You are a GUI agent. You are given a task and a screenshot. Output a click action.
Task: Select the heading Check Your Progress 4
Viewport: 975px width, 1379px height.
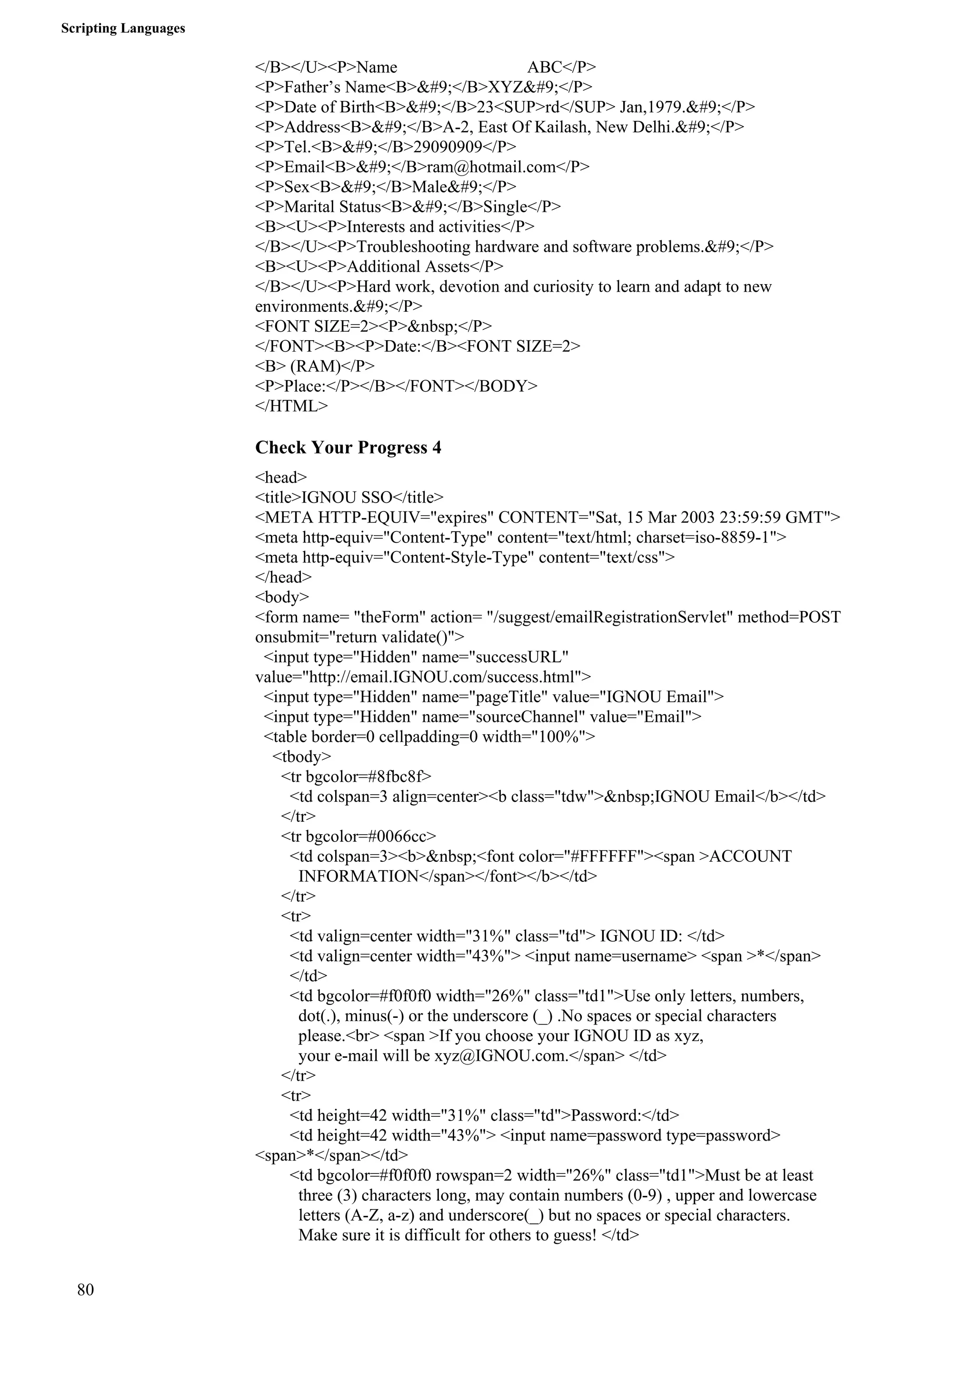348,447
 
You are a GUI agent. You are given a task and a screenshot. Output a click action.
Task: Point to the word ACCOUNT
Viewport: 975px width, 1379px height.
750,857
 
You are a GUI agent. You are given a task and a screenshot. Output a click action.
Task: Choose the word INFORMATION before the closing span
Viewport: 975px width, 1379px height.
358,877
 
